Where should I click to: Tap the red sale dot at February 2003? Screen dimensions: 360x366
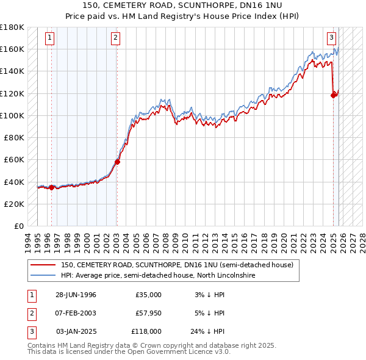117,162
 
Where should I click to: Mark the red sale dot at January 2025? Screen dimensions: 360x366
334,95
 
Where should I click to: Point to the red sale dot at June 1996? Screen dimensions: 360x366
52,187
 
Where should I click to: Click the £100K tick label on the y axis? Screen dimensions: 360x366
12,115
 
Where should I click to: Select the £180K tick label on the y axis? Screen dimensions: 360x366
12,27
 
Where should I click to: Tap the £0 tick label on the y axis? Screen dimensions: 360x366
18,226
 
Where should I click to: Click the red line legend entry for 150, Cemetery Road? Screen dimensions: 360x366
177,265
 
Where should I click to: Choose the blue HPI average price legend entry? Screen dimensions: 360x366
157,276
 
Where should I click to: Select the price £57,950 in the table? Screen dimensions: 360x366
148,313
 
